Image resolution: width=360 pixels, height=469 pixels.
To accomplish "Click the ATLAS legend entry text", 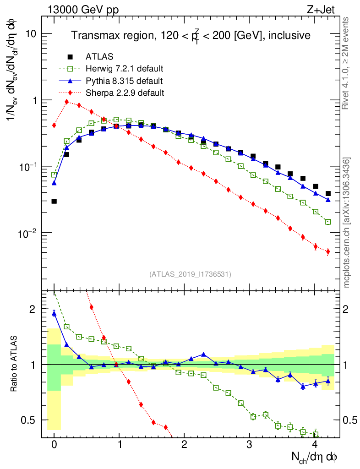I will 99,57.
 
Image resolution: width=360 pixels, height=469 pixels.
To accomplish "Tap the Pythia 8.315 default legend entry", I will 124,81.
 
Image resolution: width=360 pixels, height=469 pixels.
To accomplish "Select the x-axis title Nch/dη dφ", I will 314,457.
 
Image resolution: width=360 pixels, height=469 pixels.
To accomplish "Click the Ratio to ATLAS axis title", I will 15,364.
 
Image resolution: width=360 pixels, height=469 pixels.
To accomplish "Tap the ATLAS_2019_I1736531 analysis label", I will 190,274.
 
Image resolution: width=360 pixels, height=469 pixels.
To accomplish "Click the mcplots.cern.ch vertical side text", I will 347,223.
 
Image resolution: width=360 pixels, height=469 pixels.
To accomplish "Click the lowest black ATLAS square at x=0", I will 54,201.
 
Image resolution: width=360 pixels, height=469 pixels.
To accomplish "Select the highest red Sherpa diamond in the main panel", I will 67,102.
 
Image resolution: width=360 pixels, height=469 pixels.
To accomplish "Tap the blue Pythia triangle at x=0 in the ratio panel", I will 54,313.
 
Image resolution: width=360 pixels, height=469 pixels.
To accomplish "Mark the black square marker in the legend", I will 70,57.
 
